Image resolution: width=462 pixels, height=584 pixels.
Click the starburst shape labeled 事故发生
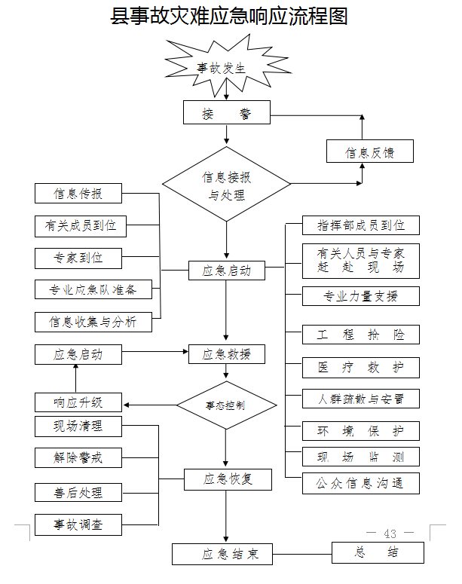click(x=222, y=67)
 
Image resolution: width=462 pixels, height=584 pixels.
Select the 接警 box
click(x=226, y=114)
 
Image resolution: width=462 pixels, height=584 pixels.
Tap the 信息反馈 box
click(x=370, y=152)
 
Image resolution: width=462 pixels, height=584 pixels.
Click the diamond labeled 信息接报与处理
click(x=226, y=185)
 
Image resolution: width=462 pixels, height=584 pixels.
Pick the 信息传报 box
click(x=78, y=194)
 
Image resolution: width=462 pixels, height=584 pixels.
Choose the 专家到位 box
click(x=78, y=258)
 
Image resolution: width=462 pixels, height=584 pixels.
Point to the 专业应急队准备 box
click(x=93, y=290)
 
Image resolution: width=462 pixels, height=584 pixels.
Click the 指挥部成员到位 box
click(x=361, y=225)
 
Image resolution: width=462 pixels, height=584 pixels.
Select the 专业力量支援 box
click(x=361, y=295)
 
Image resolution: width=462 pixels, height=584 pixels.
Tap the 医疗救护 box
click(x=361, y=367)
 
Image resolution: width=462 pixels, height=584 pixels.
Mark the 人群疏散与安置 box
click(x=361, y=399)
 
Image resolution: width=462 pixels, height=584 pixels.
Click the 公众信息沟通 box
click(x=361, y=483)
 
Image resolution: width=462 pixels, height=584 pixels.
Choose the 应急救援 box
click(x=227, y=354)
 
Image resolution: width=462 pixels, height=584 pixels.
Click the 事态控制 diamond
click(x=226, y=405)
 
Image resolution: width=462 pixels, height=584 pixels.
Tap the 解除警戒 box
click(x=78, y=457)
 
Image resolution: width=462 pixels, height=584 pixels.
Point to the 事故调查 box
click(x=78, y=524)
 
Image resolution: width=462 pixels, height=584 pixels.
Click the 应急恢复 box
click(x=227, y=479)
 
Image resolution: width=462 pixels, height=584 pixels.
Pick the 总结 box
click(x=378, y=552)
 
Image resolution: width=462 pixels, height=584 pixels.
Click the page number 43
click(x=390, y=534)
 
